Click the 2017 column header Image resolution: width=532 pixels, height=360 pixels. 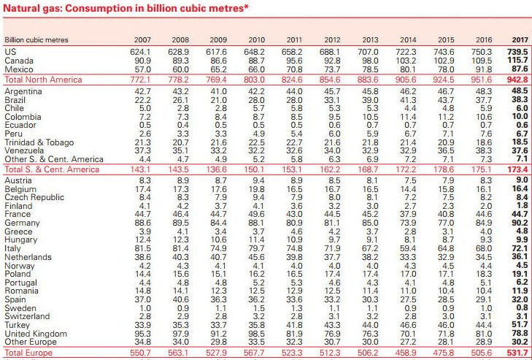520,39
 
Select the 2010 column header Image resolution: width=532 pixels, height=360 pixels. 256,39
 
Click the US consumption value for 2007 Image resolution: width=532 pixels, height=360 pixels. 140,52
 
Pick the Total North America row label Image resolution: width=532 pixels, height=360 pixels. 44,80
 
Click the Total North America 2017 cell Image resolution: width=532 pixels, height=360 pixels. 517,80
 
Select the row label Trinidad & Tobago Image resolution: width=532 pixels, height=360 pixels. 39,142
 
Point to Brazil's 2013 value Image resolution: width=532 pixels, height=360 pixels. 369,100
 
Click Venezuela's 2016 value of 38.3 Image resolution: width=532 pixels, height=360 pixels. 483,150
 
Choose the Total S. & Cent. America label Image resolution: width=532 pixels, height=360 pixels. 52,169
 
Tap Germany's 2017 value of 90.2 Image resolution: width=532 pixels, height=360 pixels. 520,223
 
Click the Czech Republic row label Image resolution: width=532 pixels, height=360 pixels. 34,197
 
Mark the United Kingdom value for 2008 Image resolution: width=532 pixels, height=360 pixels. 180,334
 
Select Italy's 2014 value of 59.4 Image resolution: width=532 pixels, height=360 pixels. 407,248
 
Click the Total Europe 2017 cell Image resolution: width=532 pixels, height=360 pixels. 517,353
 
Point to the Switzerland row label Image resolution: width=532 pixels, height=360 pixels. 27,316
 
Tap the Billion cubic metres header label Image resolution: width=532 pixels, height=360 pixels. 36,39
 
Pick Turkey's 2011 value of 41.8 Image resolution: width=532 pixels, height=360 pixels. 294,325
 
